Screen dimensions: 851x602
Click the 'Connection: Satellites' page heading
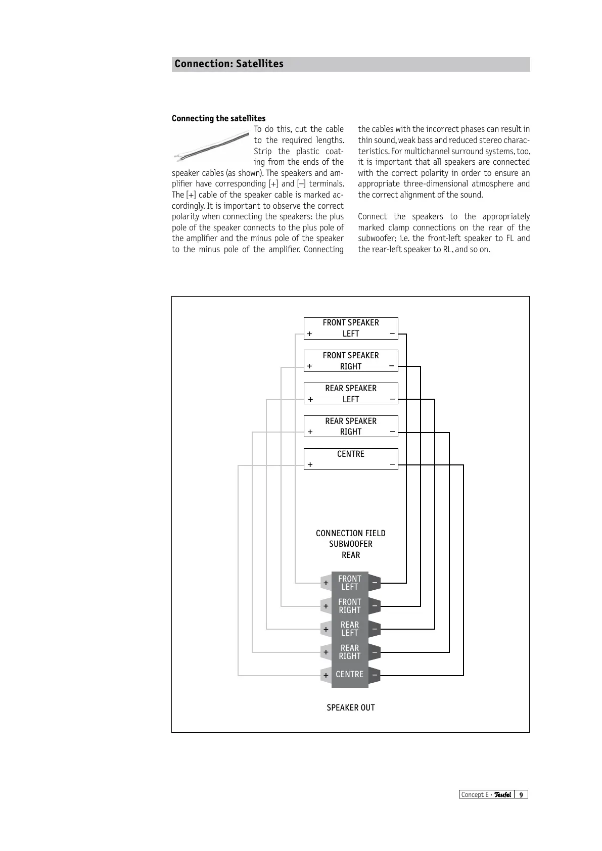(x=229, y=64)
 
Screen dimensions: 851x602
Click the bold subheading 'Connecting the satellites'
(x=218, y=118)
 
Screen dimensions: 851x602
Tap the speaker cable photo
(x=211, y=146)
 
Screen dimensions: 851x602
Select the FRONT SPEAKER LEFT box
(x=351, y=328)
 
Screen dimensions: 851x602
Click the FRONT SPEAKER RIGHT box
(x=351, y=361)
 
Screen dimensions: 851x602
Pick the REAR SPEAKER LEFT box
(x=351, y=394)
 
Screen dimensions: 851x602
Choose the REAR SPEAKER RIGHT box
(x=351, y=426)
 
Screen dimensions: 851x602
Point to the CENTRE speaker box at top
(x=351, y=459)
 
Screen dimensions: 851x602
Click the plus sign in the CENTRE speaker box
(x=310, y=464)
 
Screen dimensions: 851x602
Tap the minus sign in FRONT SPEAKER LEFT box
(x=392, y=334)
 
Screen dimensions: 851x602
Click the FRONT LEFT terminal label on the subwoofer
(x=350, y=583)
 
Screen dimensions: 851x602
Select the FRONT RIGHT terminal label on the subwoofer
(x=350, y=606)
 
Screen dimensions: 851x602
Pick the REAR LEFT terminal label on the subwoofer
(x=350, y=629)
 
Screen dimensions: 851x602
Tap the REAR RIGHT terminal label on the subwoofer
(x=350, y=652)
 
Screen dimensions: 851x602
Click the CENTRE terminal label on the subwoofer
(x=350, y=675)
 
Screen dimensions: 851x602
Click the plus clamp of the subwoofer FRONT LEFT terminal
(x=326, y=583)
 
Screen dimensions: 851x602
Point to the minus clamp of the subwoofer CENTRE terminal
(x=375, y=675)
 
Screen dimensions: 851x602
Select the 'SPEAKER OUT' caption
(x=351, y=707)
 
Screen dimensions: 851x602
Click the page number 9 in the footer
(x=521, y=794)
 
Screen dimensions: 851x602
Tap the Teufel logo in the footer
(x=502, y=794)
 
